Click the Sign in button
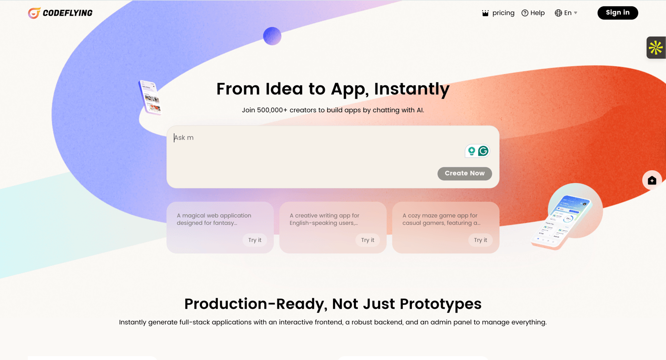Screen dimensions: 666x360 [x=618, y=13]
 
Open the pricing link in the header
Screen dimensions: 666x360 [x=498, y=13]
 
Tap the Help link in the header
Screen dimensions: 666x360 [x=533, y=13]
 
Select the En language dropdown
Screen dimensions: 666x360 [x=566, y=13]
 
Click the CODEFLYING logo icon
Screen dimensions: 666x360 [x=34, y=13]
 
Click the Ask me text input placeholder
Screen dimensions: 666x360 [x=184, y=138]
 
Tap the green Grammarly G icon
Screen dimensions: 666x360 [x=483, y=151]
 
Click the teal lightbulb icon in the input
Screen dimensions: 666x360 [x=471, y=151]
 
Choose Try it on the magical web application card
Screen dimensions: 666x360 [x=255, y=240]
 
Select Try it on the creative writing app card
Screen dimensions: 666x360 [x=368, y=240]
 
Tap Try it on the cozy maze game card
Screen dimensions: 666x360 [x=480, y=240]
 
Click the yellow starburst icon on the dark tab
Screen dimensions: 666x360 [x=656, y=48]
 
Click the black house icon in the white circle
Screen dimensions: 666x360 [x=652, y=180]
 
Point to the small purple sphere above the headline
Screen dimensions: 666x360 [x=272, y=36]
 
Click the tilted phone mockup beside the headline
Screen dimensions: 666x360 [x=150, y=97]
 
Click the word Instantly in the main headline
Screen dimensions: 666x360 [x=412, y=89]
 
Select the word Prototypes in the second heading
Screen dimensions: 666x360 [x=441, y=304]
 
